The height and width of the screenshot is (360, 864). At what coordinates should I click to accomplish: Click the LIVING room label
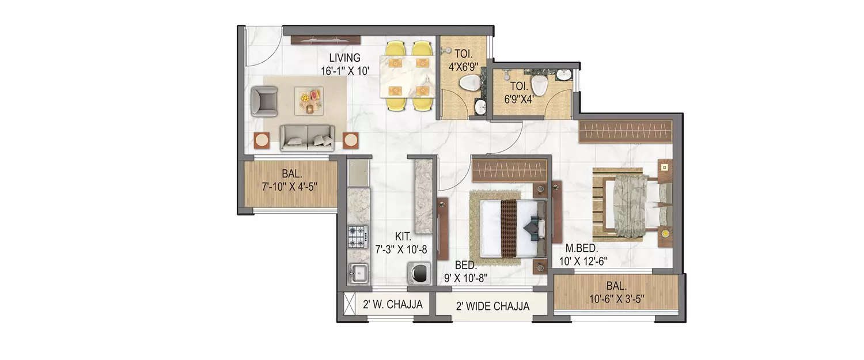344,58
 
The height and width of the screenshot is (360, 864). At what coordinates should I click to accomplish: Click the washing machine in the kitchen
418,272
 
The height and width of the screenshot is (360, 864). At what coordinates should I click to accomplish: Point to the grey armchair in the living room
264,101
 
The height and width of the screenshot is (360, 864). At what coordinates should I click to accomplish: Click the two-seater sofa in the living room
307,137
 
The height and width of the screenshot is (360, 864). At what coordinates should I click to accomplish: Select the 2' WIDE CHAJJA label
491,306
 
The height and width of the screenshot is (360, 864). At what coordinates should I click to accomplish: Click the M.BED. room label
581,248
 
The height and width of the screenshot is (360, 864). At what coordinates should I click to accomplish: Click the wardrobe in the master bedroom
626,132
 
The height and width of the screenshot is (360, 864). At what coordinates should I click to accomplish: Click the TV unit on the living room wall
325,40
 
